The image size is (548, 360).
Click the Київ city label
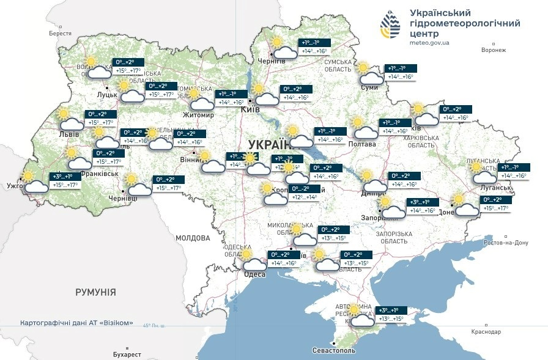[x=251, y=109]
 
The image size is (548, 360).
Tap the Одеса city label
[x=254, y=274]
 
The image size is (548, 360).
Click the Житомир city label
[x=198, y=115]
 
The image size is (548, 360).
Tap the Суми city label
[x=369, y=88]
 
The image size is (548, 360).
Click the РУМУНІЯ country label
[x=95, y=292]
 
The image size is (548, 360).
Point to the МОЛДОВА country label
[x=193, y=238]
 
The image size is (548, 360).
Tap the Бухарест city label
[x=127, y=354]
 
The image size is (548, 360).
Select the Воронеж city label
[x=494, y=51]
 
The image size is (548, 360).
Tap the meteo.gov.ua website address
[x=430, y=43]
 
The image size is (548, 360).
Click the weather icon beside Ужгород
[x=34, y=183]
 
